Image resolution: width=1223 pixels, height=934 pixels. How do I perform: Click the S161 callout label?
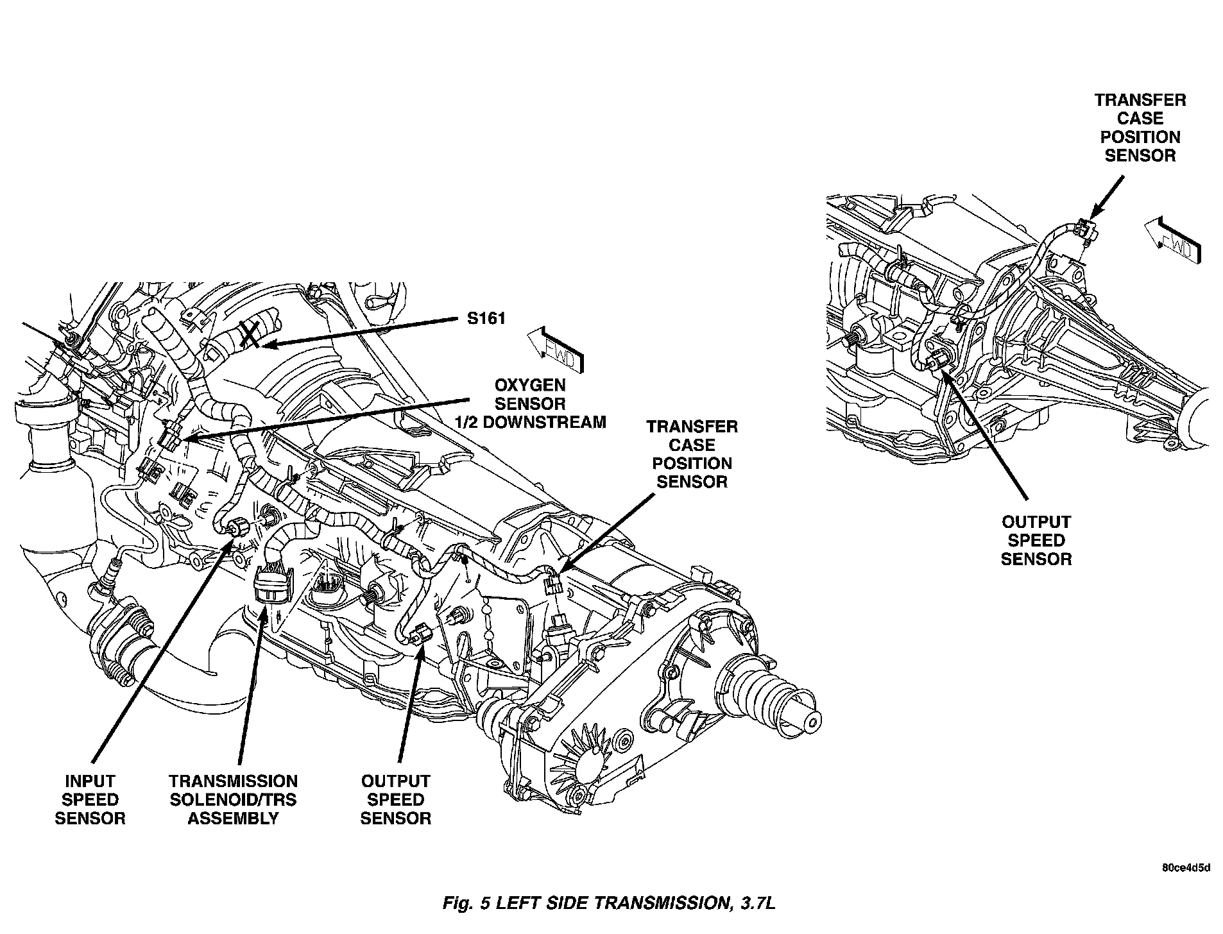(486, 319)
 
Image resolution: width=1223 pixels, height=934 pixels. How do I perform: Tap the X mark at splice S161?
(250, 336)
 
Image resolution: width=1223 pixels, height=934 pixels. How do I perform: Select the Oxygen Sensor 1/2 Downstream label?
(529, 403)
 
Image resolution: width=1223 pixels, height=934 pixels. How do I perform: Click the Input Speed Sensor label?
(90, 799)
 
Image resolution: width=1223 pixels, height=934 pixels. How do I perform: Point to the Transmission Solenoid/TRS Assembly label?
(233, 799)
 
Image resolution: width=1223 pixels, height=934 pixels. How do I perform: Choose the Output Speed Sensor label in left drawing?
(395, 799)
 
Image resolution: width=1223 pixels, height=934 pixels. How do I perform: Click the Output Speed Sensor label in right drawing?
(1036, 540)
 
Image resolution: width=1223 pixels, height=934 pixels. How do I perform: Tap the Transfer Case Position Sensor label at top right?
(1140, 128)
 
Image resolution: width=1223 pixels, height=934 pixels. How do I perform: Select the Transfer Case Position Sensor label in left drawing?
(692, 454)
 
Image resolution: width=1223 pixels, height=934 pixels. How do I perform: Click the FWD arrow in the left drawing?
(556, 350)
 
